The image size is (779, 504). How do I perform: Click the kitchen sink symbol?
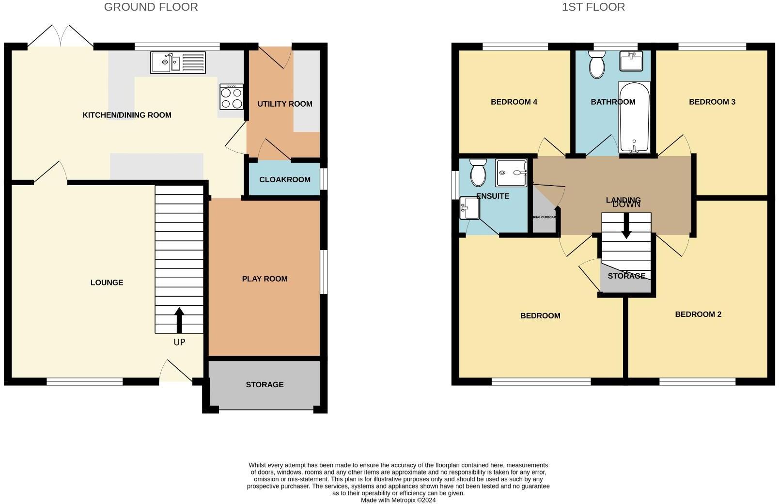tap(178, 63)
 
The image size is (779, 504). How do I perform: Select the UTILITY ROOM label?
tap(284, 104)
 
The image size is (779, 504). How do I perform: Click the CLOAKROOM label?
tap(284, 179)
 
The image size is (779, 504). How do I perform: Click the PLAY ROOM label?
tap(265, 279)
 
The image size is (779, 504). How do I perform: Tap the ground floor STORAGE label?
tap(265, 384)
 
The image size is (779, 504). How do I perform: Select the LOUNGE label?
tap(107, 283)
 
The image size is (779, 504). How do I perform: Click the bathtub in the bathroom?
tap(634, 117)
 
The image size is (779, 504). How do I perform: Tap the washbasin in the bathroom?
tap(631, 61)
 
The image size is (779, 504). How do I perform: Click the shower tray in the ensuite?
tap(511, 173)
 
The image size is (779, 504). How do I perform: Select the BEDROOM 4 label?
tap(514, 102)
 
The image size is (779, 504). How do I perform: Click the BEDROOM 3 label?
tap(712, 102)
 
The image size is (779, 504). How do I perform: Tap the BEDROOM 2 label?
tap(698, 314)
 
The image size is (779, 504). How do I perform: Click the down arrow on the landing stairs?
tap(626, 228)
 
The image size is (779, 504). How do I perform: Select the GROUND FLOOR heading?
tap(151, 7)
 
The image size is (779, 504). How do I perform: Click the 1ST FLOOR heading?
tap(593, 7)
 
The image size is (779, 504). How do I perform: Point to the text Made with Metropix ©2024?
tap(398, 500)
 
